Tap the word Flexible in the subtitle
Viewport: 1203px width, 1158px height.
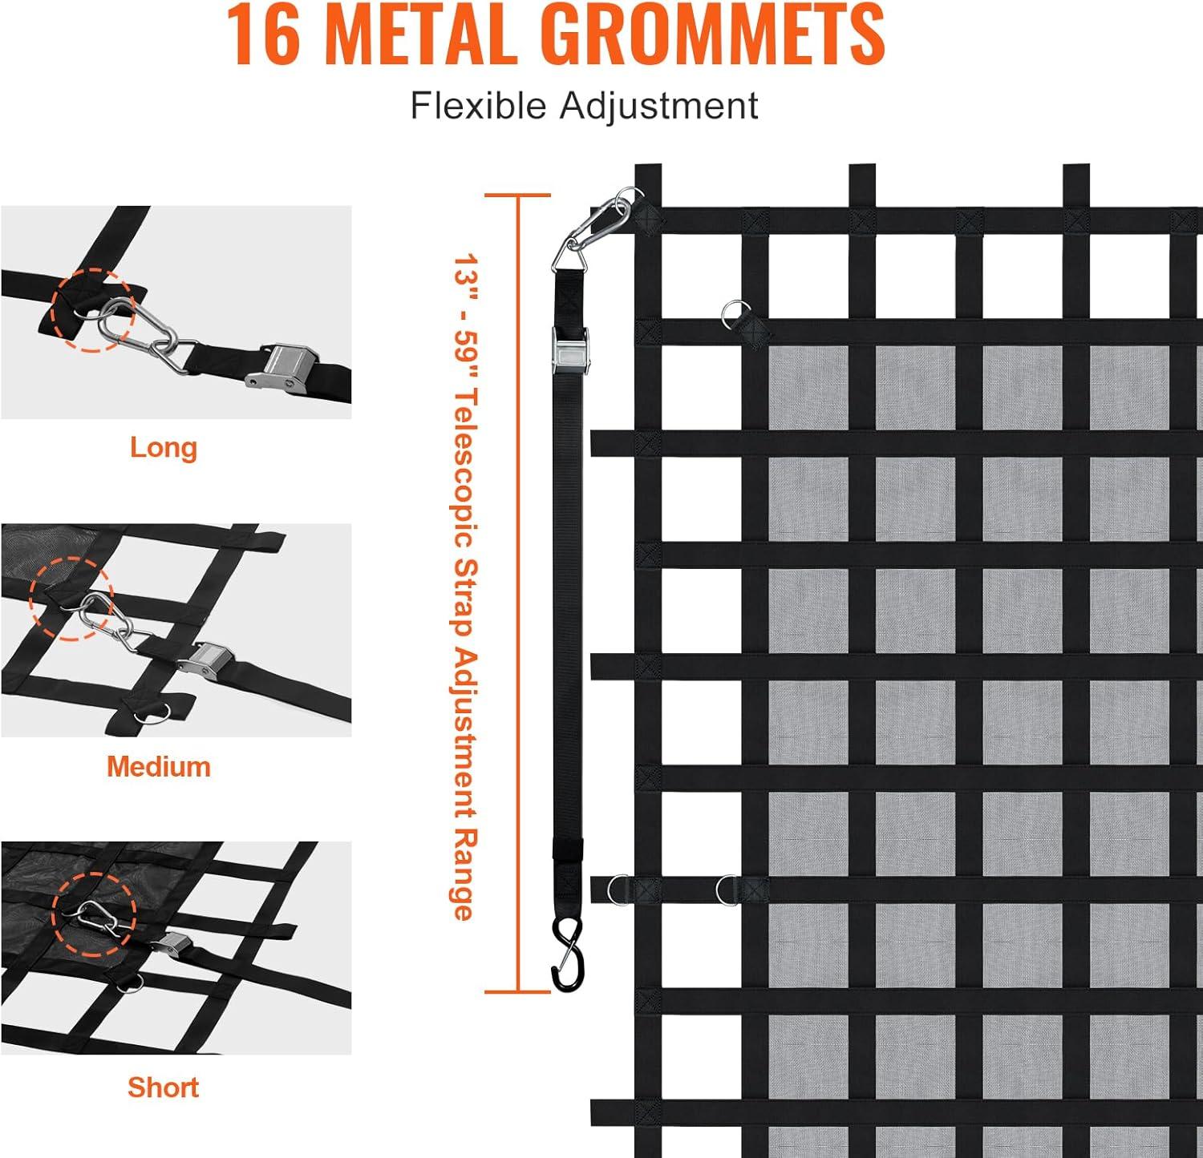478,106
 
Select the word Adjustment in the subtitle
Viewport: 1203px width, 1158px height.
658,106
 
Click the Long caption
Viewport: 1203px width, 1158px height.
164,447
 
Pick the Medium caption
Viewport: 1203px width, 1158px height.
159,767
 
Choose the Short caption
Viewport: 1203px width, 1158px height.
163,1087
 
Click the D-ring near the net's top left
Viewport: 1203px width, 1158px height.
732,313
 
